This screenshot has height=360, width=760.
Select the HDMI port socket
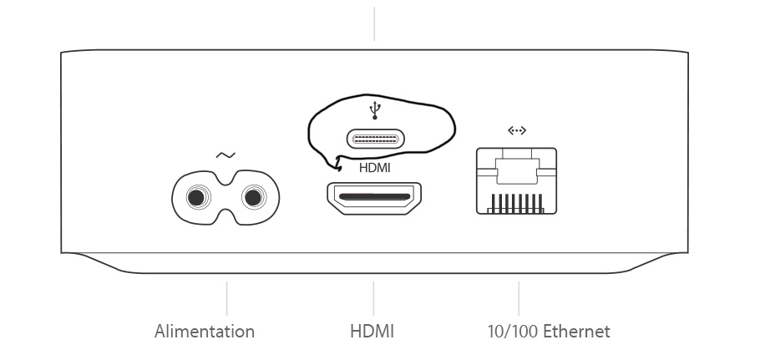point(373,199)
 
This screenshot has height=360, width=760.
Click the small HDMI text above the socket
point(374,167)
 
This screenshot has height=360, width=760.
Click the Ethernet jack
point(516,181)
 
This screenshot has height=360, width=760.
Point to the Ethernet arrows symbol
point(517,130)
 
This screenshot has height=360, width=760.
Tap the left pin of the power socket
point(197,197)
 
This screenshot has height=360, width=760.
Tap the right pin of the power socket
point(253,197)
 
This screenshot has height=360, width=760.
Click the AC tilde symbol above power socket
point(225,155)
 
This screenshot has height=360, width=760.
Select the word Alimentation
point(205,332)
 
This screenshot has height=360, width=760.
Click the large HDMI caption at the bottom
point(372,332)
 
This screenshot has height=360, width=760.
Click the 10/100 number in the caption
point(513,332)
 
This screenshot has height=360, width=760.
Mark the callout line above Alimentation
point(227,298)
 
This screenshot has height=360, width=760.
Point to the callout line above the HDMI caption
point(373,298)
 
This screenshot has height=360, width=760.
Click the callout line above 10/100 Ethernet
point(519,298)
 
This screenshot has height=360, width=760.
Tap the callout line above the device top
point(374,23)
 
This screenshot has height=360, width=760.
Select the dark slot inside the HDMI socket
point(373,199)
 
